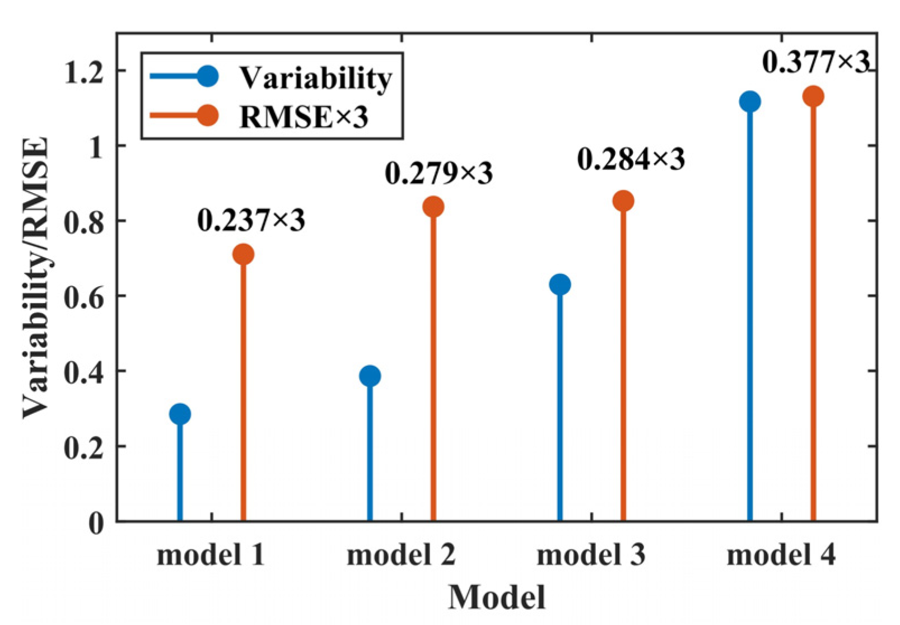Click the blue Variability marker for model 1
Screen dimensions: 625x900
pos(180,414)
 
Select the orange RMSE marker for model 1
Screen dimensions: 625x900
pos(243,254)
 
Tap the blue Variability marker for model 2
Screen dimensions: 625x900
pos(370,376)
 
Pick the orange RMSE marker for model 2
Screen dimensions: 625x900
pos(433,207)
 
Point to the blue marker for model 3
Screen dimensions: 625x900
pos(559,284)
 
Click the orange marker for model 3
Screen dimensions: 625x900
pos(623,200)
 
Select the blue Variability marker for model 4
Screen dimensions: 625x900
pos(749,101)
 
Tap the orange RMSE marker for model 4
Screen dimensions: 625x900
pos(813,96)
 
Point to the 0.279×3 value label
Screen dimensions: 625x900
pos(439,173)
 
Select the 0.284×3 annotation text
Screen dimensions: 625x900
pos(631,160)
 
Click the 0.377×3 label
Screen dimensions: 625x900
pos(815,62)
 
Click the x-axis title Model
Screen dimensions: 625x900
pos(496,597)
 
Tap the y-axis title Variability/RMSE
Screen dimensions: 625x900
pos(35,277)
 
